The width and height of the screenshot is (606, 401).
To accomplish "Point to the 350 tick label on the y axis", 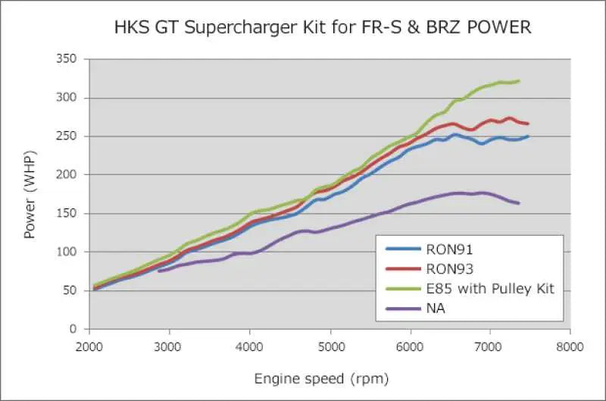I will click(x=68, y=59).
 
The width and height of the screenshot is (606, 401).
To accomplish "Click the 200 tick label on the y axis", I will click(x=68, y=174).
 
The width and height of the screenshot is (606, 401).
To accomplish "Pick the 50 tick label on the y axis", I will click(x=71, y=290).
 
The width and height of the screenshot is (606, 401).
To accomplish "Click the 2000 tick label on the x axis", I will click(x=89, y=346).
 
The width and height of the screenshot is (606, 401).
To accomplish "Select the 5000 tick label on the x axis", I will click(x=330, y=346).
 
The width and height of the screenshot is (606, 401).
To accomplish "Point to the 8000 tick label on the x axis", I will click(x=570, y=346).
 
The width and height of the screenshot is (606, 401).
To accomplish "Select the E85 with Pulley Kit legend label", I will click(x=491, y=288).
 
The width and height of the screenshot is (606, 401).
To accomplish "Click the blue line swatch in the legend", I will click(x=404, y=248).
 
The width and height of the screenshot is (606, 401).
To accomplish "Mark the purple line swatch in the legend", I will click(x=404, y=309).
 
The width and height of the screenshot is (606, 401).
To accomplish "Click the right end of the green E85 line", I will click(x=519, y=81).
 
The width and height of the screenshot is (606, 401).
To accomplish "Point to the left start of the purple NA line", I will click(x=159, y=271).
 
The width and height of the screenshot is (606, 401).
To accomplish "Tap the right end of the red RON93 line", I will click(x=528, y=124).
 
